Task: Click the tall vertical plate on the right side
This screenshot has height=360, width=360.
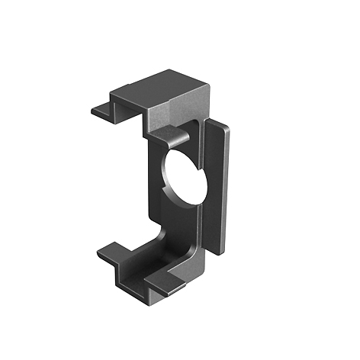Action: pyautogui.click(x=218, y=187)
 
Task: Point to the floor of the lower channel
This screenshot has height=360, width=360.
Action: pyautogui.click(x=145, y=263)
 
